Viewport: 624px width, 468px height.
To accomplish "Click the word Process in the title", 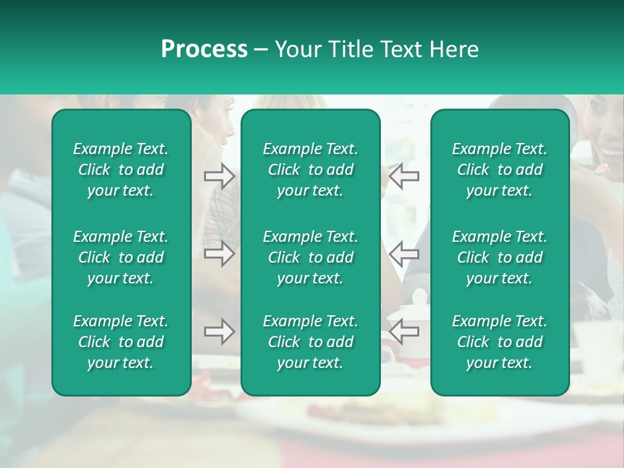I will [x=204, y=49].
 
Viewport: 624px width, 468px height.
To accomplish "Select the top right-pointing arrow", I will [x=219, y=176].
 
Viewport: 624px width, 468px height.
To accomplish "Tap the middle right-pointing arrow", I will [x=219, y=253].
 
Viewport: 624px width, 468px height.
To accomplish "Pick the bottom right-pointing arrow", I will [x=219, y=332].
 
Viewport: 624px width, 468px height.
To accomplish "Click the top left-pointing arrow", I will [x=404, y=176].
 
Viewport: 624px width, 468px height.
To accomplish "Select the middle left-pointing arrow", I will [x=404, y=253].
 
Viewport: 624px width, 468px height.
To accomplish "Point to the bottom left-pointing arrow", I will [x=404, y=332].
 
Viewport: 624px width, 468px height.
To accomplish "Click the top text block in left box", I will [x=121, y=170].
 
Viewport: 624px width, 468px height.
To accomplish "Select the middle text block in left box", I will [x=121, y=257].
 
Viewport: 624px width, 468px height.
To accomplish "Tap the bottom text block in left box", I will [x=121, y=342].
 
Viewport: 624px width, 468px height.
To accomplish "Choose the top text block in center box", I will [x=310, y=170].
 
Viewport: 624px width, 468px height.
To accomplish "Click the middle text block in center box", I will [x=310, y=257].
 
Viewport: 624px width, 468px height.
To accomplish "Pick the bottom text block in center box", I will [x=310, y=342].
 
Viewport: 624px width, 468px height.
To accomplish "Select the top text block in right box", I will [x=499, y=170].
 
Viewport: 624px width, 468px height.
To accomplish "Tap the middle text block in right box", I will [x=499, y=257].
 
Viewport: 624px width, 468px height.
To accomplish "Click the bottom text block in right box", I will [x=499, y=342].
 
